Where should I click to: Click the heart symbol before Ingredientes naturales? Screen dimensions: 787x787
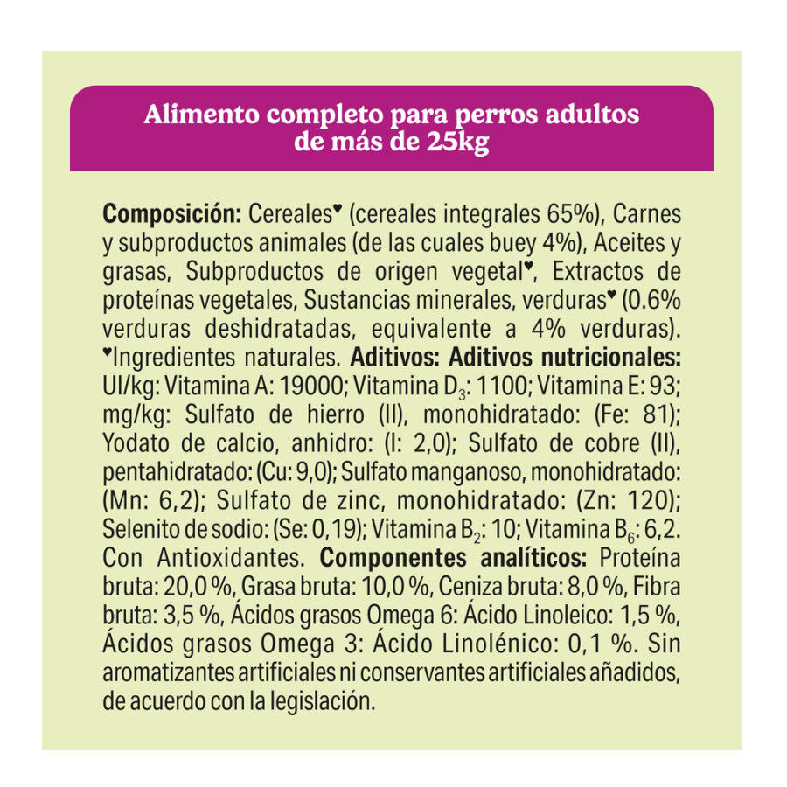(x=108, y=353)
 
